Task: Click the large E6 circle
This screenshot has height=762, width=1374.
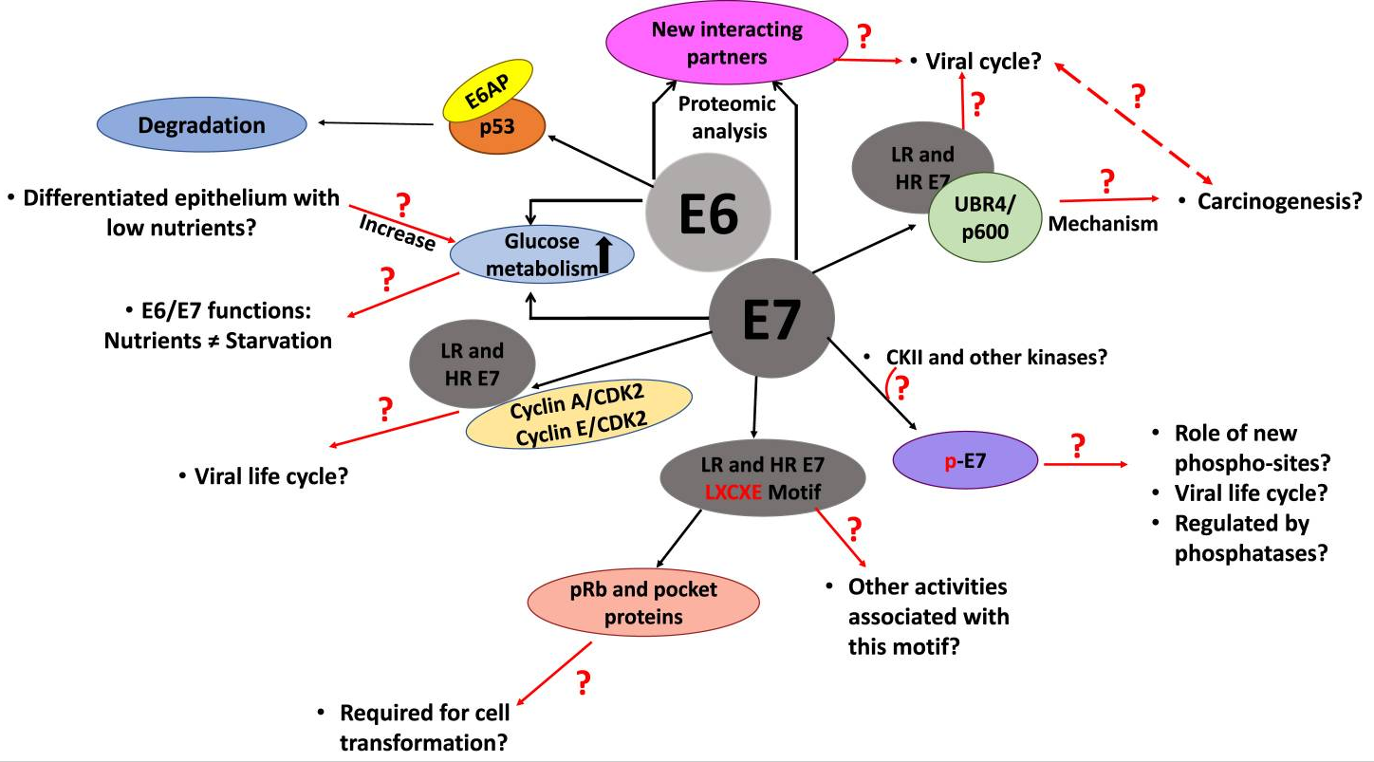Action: [x=708, y=213]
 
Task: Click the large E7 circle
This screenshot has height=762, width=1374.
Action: [x=771, y=318]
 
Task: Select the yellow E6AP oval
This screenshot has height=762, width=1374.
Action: [x=488, y=91]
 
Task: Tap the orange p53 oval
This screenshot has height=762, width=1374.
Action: [x=497, y=126]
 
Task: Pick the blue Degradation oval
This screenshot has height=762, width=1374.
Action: [x=202, y=124]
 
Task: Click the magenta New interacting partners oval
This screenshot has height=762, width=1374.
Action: [x=727, y=43]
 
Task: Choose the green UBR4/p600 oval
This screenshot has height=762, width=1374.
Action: [x=985, y=217]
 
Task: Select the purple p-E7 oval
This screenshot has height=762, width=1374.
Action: [x=965, y=460]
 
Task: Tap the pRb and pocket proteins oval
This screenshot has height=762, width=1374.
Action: [x=643, y=603]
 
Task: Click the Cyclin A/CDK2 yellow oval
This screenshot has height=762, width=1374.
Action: [x=579, y=414]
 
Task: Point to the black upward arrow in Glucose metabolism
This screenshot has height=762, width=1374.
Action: [x=604, y=255]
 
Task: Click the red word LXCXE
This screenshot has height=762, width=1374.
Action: [x=733, y=493]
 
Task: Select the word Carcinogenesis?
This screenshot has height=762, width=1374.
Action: [x=1279, y=201]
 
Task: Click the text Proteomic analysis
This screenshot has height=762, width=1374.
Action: [x=728, y=117]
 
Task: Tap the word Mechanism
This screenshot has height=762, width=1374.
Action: [x=1103, y=223]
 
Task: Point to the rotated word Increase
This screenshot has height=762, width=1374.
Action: [x=398, y=232]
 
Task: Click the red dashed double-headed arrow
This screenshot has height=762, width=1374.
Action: [x=1134, y=123]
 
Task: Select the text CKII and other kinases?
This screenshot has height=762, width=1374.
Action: [x=996, y=357]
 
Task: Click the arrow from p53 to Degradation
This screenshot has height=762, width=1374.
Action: [x=376, y=123]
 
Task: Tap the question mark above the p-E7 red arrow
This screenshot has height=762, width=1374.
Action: [x=1078, y=446]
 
